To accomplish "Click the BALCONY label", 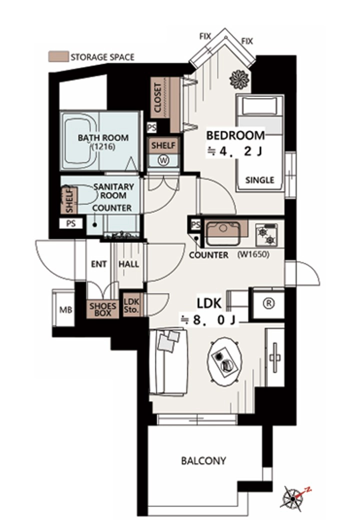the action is [203, 460].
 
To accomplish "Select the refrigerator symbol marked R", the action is [269, 303].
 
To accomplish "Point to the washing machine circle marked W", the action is [163, 160].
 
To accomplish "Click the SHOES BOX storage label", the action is [103, 309].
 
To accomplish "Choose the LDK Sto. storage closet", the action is [132, 305].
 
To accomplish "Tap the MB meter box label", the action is [65, 310].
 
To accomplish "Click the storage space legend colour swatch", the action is [58, 56].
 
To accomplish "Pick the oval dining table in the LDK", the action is [224, 361].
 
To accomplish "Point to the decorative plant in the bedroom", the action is [239, 79].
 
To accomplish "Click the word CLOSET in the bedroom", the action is [158, 98].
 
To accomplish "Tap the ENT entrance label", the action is [99, 264].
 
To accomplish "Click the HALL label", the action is [128, 264].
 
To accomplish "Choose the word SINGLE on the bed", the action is [260, 180].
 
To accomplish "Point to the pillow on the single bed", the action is [259, 106].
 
